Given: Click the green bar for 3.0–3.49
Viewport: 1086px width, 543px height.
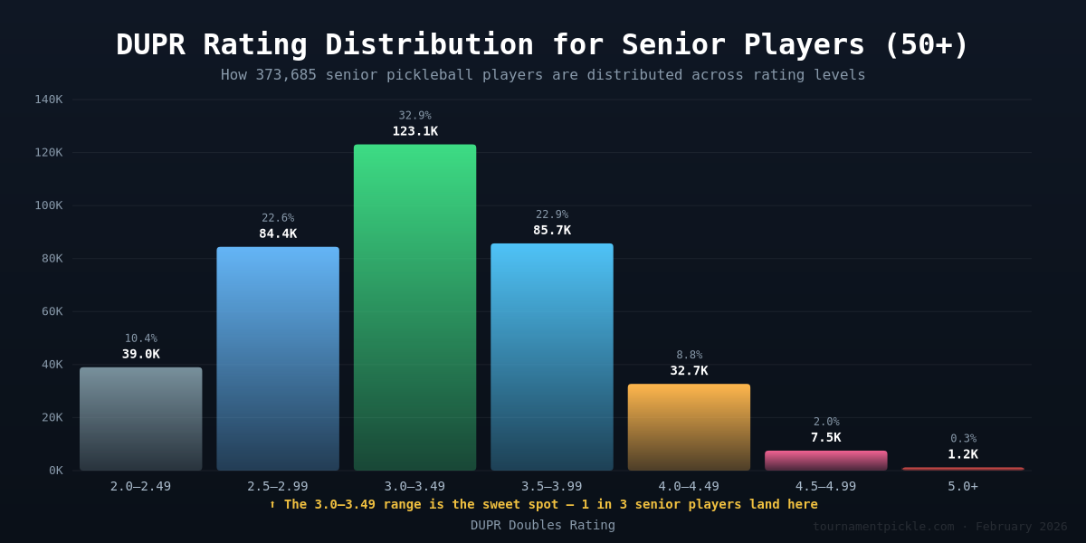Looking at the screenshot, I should [x=414, y=308].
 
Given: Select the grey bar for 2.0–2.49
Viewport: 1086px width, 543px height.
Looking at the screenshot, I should [x=140, y=418].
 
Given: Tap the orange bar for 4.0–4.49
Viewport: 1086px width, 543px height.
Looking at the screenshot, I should [x=689, y=427].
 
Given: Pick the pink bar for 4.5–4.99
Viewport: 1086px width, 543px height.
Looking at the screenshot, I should [x=825, y=461].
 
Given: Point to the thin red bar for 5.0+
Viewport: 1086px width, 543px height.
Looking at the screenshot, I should [x=963, y=469].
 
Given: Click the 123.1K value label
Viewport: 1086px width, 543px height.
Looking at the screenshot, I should [x=414, y=131].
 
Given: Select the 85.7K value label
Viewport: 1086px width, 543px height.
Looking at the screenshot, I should [x=552, y=231].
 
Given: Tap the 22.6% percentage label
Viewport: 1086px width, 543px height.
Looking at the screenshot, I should [x=278, y=218].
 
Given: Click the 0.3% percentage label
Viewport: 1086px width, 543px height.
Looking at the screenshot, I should [x=963, y=439].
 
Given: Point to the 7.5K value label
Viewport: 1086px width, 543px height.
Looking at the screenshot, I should [x=825, y=438].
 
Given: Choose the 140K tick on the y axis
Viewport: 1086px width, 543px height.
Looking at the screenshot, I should [x=49, y=100].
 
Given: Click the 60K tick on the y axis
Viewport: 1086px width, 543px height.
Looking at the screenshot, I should [x=49, y=311].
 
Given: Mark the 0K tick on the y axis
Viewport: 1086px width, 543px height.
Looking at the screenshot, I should [x=55, y=471].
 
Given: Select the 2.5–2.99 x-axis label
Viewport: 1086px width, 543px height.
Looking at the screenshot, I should [x=278, y=487].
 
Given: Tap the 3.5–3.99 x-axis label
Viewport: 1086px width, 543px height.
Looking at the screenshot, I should [x=552, y=487].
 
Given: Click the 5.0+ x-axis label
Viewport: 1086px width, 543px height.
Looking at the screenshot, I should [x=963, y=487].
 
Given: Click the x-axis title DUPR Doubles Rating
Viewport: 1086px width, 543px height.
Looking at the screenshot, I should [x=543, y=526].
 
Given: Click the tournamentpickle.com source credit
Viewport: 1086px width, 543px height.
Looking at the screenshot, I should [x=882, y=527].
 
